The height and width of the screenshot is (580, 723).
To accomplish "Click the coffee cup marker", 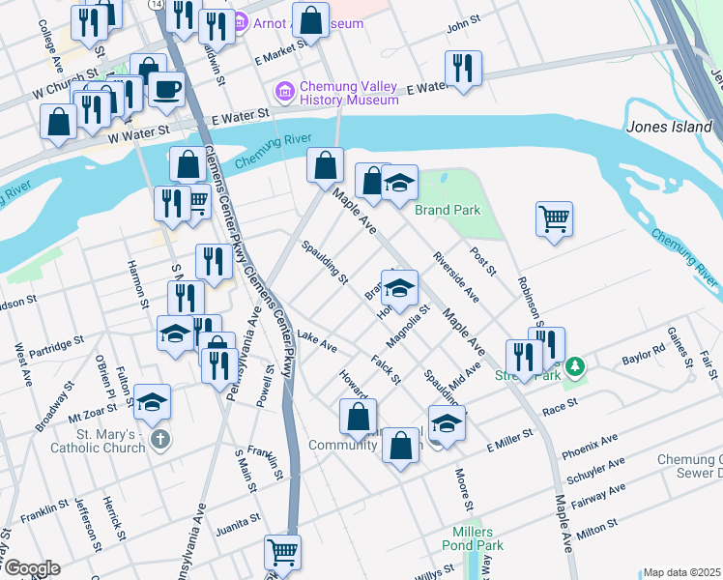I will pyautogui.click(x=166, y=90).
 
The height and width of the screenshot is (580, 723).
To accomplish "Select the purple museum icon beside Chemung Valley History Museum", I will pyautogui.click(x=284, y=92).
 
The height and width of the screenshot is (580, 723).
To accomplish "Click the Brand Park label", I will pyautogui.click(x=448, y=210).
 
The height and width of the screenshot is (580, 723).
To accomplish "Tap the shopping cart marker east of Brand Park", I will pyautogui.click(x=554, y=219).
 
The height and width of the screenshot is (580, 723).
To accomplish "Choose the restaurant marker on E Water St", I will pyautogui.click(x=463, y=69).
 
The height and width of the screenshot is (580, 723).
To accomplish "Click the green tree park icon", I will pyautogui.click(x=575, y=366).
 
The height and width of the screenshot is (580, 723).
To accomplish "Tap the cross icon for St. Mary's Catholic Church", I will pyautogui.click(x=161, y=440).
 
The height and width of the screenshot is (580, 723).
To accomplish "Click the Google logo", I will pyautogui.click(x=31, y=568).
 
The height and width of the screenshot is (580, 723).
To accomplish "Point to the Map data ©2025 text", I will pyautogui.click(x=681, y=572).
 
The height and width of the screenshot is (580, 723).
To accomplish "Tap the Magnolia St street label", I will pyautogui.click(x=406, y=331).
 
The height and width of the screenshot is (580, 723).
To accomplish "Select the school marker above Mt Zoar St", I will pyautogui.click(x=152, y=403).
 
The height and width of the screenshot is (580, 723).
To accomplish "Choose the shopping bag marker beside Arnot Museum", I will pyautogui.click(x=311, y=21).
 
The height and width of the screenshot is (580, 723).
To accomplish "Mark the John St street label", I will pyautogui.click(x=464, y=19).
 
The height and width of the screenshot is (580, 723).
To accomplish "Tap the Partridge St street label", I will pyautogui.click(x=56, y=344).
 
